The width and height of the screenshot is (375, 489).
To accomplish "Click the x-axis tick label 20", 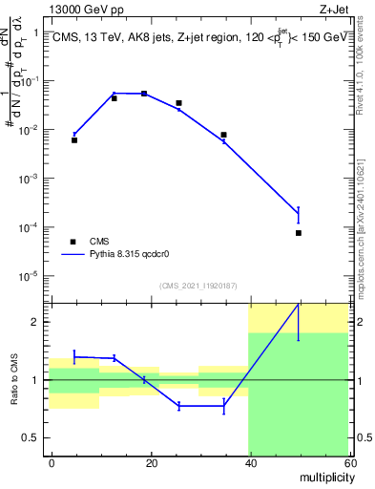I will coord(151,462).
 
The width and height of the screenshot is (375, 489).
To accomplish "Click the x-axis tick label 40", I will coord(249,462).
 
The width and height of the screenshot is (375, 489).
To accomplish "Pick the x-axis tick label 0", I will coord(52,462).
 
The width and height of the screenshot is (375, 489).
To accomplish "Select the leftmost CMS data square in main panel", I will coord(74,140).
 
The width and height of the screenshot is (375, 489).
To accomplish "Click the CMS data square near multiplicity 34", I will coord(223,135).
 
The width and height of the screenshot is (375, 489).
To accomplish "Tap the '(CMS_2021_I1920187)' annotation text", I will coord(198,285).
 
